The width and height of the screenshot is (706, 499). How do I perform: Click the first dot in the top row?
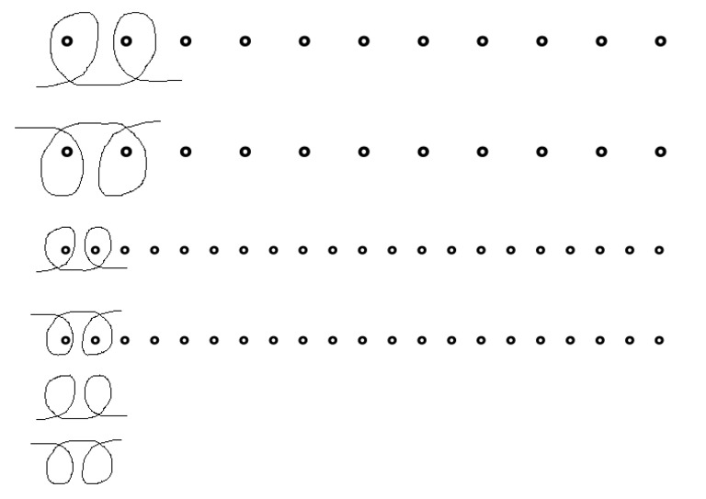click(x=67, y=40)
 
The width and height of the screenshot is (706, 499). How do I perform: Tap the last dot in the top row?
click(x=660, y=40)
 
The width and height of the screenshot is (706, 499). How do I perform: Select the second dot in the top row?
click(x=127, y=40)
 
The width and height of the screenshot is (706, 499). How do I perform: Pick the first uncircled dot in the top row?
click(x=186, y=40)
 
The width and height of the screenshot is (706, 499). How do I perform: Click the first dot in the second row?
click(x=67, y=151)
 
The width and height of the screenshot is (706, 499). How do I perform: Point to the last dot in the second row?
click(x=660, y=151)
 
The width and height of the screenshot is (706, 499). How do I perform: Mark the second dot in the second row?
click(x=127, y=151)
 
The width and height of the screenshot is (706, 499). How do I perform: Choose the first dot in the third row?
click(x=65, y=249)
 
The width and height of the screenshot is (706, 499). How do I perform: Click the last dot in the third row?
click(x=659, y=249)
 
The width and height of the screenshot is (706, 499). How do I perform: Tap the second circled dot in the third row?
click(x=95, y=249)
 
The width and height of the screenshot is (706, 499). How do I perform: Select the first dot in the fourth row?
click(x=65, y=340)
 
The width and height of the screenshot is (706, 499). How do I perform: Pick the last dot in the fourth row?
click(x=659, y=340)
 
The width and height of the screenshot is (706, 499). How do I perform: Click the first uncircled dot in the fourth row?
click(x=125, y=340)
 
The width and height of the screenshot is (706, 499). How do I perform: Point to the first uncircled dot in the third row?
click(x=125, y=249)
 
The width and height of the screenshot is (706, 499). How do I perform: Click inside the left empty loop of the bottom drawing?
click(x=61, y=465)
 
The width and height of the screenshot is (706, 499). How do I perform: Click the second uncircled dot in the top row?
click(x=245, y=40)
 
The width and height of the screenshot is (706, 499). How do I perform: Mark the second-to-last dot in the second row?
click(x=601, y=151)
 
